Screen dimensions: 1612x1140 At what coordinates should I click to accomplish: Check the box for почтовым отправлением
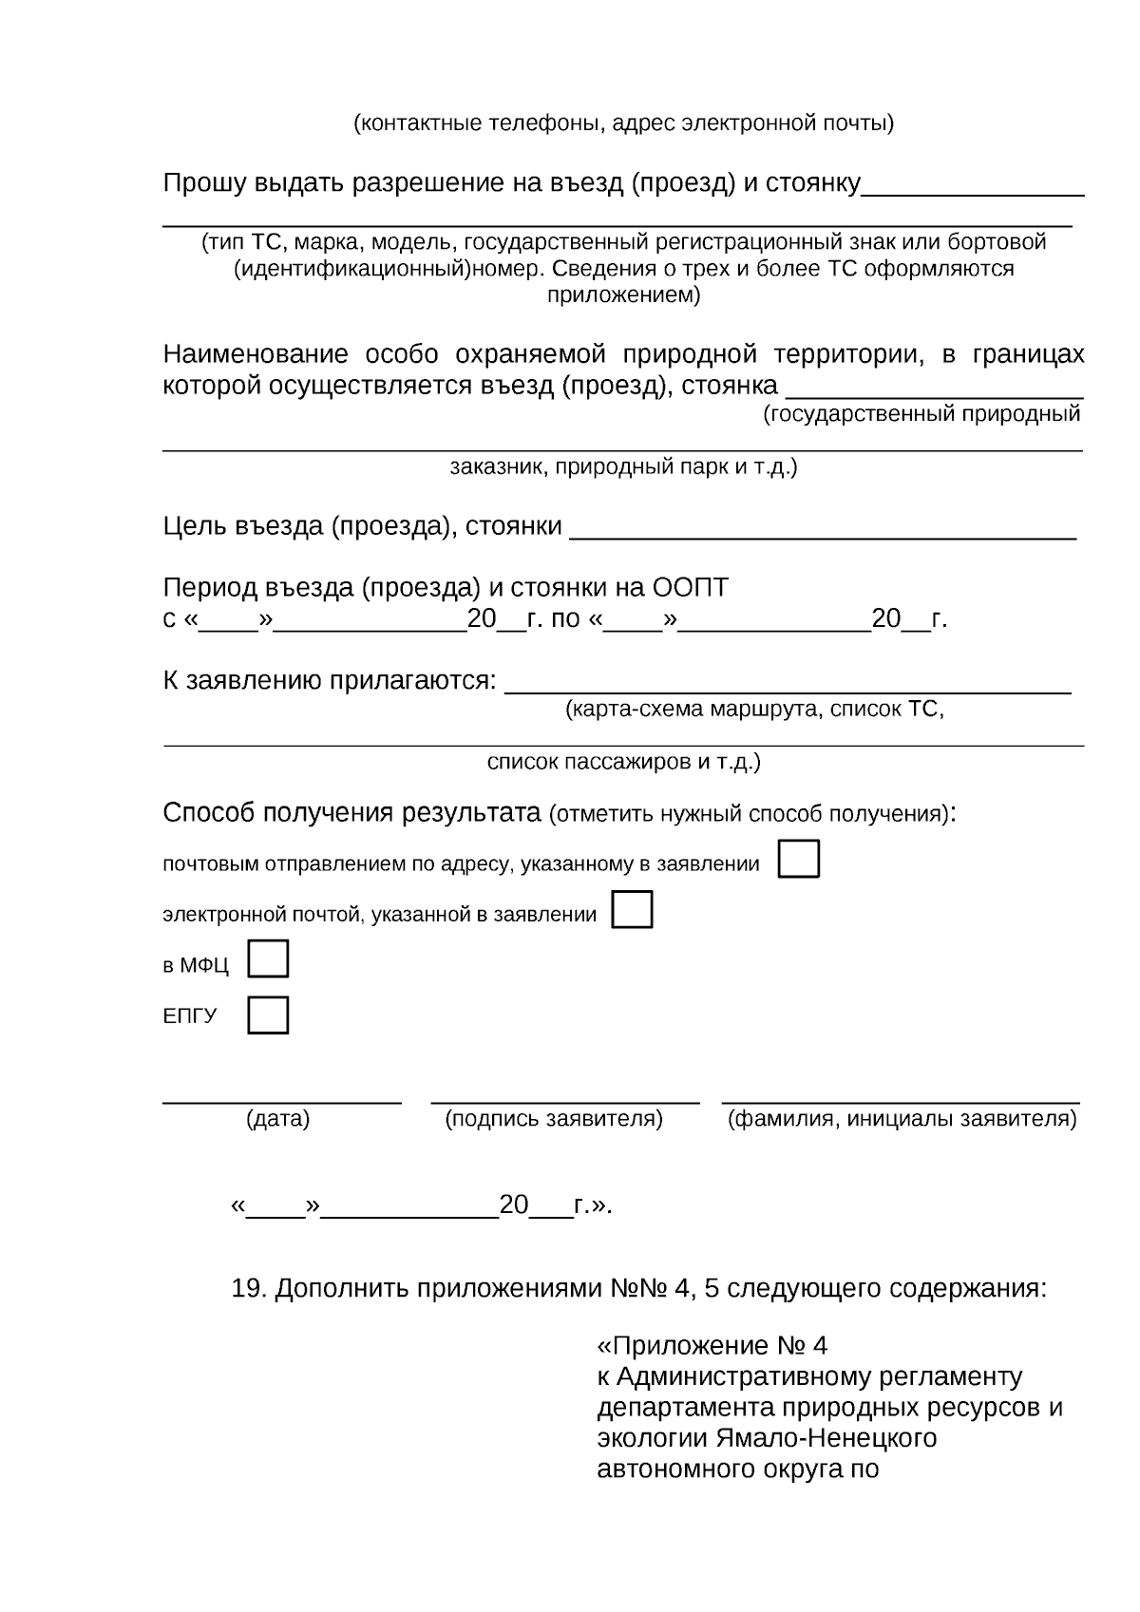(798, 859)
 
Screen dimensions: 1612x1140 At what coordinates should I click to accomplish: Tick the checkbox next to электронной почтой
(632, 909)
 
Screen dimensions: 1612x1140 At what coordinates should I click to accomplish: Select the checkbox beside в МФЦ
(268, 959)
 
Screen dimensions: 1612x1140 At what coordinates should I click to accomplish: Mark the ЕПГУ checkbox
(268, 1015)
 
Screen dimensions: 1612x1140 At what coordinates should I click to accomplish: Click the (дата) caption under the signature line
(278, 1119)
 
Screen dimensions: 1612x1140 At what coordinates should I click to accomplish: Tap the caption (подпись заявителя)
(554, 1119)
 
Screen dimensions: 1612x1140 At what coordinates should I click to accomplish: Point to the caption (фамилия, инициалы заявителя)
(902, 1119)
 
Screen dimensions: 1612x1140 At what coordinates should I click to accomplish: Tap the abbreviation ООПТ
(690, 588)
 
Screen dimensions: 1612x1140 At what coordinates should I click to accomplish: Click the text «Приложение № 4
(712, 1346)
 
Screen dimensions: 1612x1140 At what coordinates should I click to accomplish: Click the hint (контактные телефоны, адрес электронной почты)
(623, 123)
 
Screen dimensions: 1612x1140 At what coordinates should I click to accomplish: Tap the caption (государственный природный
(921, 414)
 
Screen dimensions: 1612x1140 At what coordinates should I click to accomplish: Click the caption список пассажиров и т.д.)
(623, 763)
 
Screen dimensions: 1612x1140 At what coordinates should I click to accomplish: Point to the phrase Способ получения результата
(351, 813)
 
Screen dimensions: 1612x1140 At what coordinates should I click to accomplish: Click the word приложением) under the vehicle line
(623, 295)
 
